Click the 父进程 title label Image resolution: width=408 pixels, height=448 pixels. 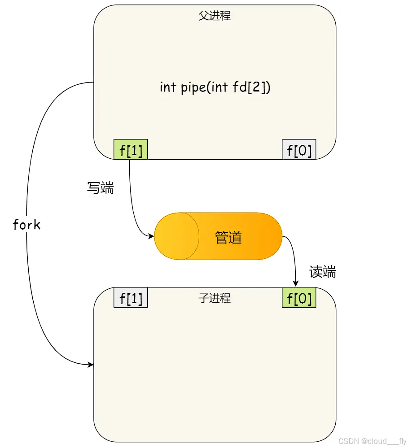[x=215, y=16]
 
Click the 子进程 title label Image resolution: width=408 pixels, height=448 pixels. [x=215, y=298]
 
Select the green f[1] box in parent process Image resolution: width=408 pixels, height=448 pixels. [x=131, y=150]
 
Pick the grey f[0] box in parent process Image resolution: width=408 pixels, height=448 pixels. [x=299, y=150]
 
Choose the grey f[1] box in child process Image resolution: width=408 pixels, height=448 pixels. [x=131, y=298]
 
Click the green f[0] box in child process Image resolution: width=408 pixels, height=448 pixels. [x=299, y=298]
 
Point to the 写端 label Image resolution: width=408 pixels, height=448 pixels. [x=100, y=188]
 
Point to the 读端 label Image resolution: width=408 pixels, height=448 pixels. [x=323, y=272]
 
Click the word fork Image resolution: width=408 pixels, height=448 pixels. [x=26, y=225]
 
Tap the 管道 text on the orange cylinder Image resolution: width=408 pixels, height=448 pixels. [x=228, y=237]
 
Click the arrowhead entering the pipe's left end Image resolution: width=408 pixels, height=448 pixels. [x=151, y=236]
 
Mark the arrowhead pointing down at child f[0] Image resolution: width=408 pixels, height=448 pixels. [x=295, y=283]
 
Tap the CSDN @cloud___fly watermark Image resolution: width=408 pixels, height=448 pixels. [x=372, y=441]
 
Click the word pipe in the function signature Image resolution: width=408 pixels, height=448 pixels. [x=193, y=87]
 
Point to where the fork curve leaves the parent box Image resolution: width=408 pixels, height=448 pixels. [x=93, y=83]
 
